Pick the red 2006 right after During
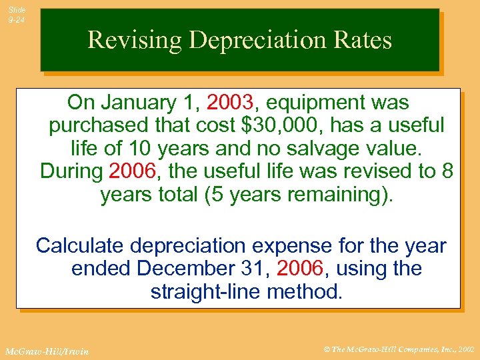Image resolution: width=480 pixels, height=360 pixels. point(131,171)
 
